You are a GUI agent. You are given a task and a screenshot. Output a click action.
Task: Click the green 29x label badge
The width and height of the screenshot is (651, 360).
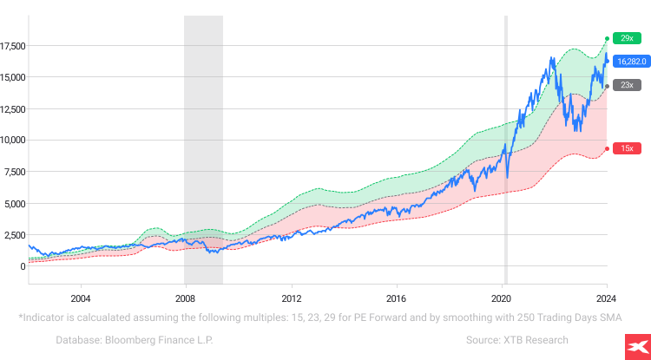[625, 38]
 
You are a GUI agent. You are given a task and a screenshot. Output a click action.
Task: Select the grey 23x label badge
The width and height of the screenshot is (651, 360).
[625, 85]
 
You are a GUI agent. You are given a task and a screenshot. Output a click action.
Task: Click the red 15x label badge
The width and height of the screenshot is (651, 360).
[625, 148]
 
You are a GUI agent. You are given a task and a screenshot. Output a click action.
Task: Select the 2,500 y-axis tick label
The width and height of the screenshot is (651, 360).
[16, 235]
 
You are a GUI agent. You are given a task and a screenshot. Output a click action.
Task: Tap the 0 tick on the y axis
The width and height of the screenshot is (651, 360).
[23, 266]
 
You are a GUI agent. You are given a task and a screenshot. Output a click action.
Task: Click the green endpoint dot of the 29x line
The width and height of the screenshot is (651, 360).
[607, 39]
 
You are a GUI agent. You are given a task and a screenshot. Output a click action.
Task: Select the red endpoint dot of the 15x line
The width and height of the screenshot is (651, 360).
[607, 147]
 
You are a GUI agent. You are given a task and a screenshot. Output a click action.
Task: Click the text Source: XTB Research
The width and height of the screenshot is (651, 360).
[516, 340]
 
